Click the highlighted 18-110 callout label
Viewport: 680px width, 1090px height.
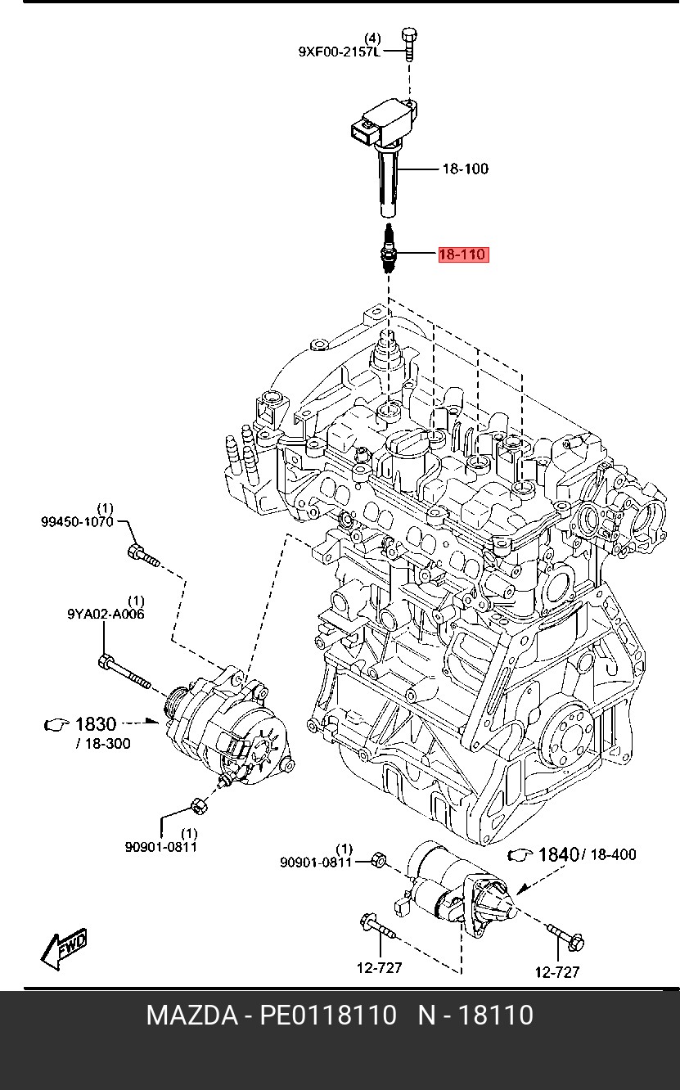coord(462,254)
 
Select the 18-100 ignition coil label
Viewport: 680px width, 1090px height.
coord(465,169)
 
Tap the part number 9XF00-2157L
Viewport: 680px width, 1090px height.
coord(340,52)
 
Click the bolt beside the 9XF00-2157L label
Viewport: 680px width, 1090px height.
coord(408,44)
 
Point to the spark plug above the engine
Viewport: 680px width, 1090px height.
coord(388,248)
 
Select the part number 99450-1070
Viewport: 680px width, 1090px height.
coord(77,522)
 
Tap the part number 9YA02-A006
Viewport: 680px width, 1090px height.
coord(106,614)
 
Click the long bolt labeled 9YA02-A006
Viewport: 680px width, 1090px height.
coord(124,673)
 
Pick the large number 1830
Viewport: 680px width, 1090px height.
coord(96,724)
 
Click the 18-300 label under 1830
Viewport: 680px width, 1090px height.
coord(103,744)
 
